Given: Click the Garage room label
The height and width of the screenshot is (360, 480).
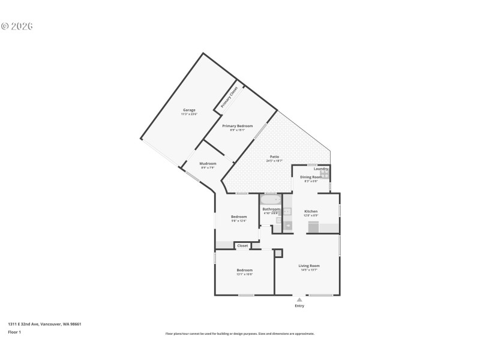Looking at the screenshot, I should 189,110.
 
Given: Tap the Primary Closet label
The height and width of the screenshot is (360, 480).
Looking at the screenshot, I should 229,97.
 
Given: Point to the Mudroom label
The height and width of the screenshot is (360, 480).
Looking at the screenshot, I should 208,163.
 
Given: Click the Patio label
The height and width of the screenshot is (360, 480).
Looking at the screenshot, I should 274,157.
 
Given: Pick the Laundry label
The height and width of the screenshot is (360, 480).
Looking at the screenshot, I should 320,169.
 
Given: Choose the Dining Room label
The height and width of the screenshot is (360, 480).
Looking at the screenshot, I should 311,177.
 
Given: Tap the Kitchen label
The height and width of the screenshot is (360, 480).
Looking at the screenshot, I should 311,211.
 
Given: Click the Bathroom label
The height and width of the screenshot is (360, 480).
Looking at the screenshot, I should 271,209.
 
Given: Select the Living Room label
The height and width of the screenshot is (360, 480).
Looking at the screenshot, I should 309,265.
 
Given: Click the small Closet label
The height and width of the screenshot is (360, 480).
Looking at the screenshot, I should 242,245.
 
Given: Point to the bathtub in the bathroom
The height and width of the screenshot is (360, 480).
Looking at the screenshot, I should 271,200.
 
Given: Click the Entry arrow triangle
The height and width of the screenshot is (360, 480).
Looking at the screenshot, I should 299,299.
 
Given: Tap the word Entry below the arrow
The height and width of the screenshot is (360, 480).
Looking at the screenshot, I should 299,306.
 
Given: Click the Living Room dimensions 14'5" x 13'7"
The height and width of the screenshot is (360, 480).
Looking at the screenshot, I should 309,270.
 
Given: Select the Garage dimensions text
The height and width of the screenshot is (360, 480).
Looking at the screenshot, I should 189,114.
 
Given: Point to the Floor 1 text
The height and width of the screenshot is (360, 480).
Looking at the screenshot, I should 14,332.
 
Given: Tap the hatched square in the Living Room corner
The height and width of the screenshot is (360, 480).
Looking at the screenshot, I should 278,254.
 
